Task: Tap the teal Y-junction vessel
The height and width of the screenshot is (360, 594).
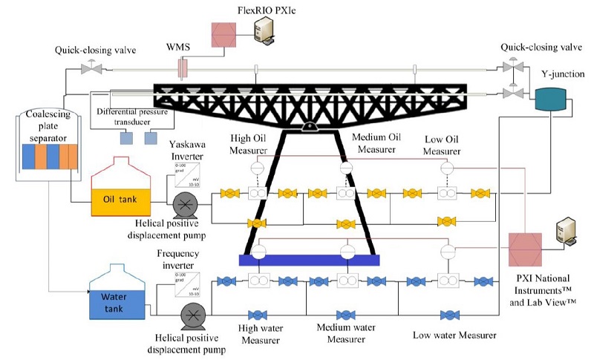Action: (551, 100)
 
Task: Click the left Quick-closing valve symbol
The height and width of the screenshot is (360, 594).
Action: (92, 68)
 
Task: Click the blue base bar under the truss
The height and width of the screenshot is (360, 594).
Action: (309, 260)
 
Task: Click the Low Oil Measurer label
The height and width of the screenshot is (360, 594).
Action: (447, 145)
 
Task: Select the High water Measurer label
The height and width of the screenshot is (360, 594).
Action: (261, 333)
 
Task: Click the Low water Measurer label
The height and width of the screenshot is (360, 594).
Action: (454, 336)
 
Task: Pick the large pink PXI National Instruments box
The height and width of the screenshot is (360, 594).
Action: (527, 251)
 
